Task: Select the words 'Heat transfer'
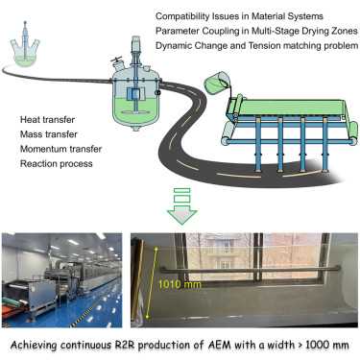click(47, 120)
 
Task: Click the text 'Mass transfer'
click(49, 134)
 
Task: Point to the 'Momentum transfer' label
click(60, 149)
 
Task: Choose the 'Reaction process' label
click(57, 163)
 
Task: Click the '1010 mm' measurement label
click(180, 284)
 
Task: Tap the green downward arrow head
click(182, 216)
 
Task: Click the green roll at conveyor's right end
click(353, 133)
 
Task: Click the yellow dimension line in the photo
click(152, 282)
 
